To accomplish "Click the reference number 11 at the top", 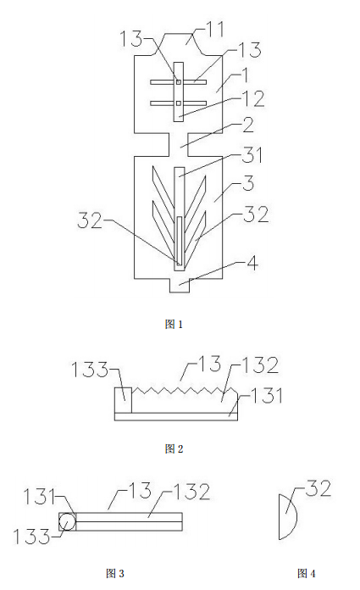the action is point(215,29).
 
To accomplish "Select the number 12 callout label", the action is point(253,98).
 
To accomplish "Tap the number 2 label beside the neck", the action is point(248,125).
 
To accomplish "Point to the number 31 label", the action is point(252,155).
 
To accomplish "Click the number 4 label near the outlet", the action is point(252,263).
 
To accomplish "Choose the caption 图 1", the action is point(174,324).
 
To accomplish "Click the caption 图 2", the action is point(174,448).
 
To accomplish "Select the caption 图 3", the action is point(115,573).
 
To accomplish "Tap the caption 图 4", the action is point(307,573).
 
